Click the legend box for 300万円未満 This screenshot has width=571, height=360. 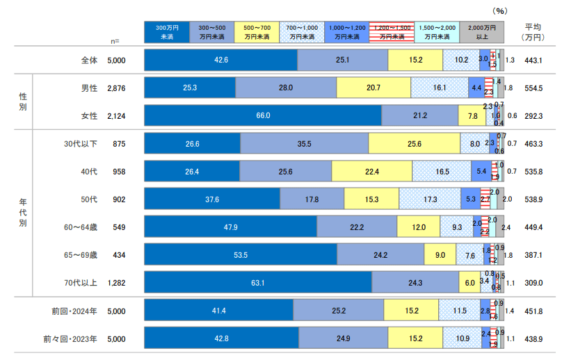pyautogui.click(x=166, y=31)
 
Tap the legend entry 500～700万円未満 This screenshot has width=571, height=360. pyautogui.click(x=256, y=31)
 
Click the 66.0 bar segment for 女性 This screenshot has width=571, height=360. pyautogui.click(x=263, y=115)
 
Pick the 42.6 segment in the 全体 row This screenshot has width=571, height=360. pyautogui.click(x=220, y=60)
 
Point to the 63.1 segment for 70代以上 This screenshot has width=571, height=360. pyautogui.click(x=257, y=282)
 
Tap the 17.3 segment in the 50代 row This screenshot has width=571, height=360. pyautogui.click(x=430, y=199)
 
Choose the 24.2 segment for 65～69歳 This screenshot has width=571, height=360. pyautogui.click(x=380, y=254)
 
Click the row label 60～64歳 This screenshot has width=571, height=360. pyautogui.click(x=82, y=227)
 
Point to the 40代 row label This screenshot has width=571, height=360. pyautogui.click(x=89, y=171)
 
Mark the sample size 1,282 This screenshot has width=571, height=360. pyautogui.click(x=116, y=282)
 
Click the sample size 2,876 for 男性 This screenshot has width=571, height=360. pyautogui.click(x=116, y=88)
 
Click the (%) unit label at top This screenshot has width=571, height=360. pyautogui.click(x=501, y=10)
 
